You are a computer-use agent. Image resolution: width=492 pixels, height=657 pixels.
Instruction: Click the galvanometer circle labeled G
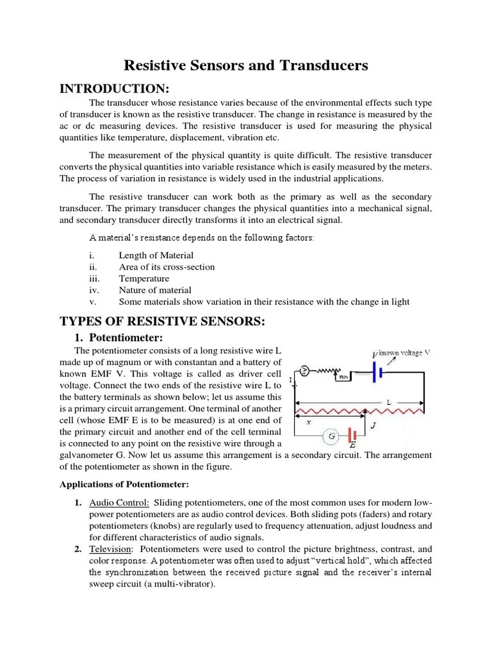pyautogui.click(x=332, y=436)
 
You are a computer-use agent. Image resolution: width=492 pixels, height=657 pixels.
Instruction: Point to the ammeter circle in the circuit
pyautogui.click(x=306, y=371)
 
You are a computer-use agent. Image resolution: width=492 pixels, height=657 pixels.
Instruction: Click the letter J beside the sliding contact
pyautogui.click(x=373, y=424)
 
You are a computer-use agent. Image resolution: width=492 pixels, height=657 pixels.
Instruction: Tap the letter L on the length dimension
pyautogui.click(x=388, y=402)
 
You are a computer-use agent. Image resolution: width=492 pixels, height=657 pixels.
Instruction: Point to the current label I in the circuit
pyautogui.click(x=290, y=380)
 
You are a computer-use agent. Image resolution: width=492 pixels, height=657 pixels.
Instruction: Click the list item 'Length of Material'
pyautogui.click(x=156, y=255)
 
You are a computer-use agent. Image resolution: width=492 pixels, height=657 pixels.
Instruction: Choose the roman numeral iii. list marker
pyautogui.click(x=96, y=278)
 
